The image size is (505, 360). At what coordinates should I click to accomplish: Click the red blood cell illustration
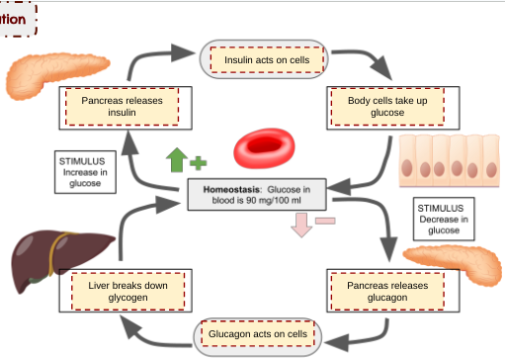(x=264, y=149)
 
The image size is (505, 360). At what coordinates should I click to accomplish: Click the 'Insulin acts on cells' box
(x=266, y=60)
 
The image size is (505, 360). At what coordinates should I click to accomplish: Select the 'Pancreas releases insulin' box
(x=122, y=106)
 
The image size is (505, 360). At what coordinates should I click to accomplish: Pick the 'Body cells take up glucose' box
(x=386, y=106)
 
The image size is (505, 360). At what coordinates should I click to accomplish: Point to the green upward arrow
(x=176, y=159)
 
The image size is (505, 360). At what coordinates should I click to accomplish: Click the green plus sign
(x=198, y=161)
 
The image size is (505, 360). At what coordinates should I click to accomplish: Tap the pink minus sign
(x=325, y=221)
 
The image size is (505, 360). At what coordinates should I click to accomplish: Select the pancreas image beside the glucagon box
(x=450, y=262)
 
